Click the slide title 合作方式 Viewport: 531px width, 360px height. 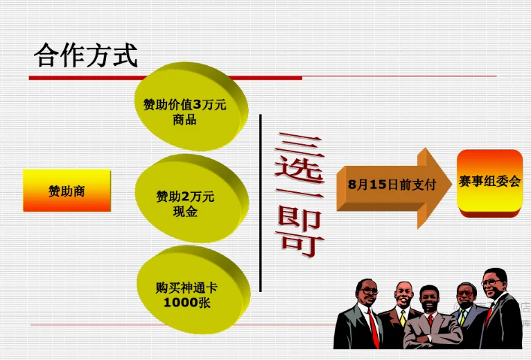pos(86,55)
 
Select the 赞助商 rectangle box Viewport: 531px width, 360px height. pos(67,191)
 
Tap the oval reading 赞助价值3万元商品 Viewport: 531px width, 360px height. pos(191,106)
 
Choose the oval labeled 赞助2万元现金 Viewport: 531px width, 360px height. pos(191,198)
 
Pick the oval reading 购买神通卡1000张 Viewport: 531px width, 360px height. pos(193,290)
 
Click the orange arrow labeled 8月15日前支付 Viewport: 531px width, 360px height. pos(394,187)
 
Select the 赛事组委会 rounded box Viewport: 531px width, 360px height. pos(489,183)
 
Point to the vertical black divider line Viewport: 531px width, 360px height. pos(261,203)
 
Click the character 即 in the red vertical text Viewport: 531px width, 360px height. pos(299,217)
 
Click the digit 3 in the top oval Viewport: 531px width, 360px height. pos(197,105)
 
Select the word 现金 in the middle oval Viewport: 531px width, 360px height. pos(185,212)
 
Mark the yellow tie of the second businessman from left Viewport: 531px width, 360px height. pos(403,318)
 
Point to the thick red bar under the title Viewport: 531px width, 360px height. pos(165,78)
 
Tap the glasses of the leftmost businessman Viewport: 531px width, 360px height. pos(369,291)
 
